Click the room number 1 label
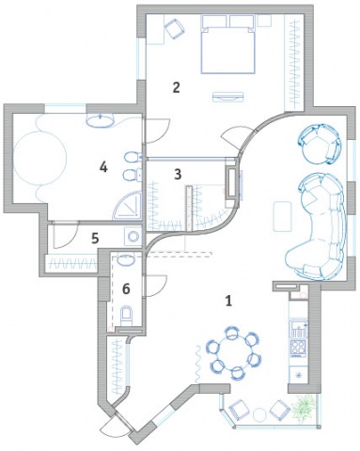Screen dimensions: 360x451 228,301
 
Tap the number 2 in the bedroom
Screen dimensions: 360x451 177,87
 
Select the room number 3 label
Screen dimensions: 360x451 178,174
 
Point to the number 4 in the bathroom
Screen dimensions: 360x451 103,167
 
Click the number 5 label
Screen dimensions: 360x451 95,239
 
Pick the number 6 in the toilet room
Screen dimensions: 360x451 126,288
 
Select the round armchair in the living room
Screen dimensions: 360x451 320,144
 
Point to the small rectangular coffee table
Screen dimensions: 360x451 282,216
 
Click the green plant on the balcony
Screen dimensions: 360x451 303,407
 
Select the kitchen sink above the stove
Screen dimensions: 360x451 299,329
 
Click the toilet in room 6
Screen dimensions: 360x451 128,316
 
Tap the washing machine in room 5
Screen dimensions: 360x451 133,236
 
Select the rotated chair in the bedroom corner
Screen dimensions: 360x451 175,28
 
